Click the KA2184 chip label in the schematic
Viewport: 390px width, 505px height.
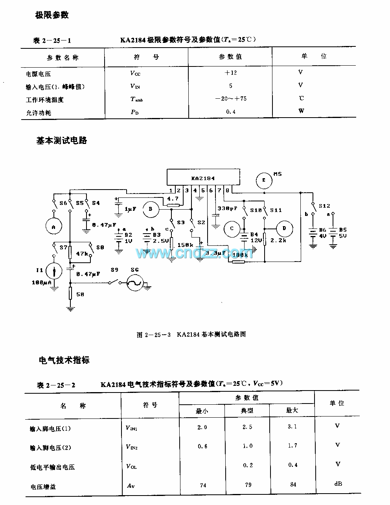point(203,178)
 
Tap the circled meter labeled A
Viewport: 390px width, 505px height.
point(54,226)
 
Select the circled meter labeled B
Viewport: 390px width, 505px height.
point(150,210)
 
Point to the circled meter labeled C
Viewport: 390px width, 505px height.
point(232,229)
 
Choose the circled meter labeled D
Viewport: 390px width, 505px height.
point(285,229)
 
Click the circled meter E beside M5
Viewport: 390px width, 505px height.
point(264,180)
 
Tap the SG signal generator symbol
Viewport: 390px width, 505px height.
point(134,282)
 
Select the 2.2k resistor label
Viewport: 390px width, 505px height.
point(278,240)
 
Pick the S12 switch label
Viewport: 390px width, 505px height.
point(324,206)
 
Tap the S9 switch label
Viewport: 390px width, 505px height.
point(114,270)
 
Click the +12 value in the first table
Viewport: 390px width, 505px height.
point(230,73)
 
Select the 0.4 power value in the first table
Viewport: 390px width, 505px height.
point(231,112)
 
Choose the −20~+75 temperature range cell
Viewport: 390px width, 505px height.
point(231,99)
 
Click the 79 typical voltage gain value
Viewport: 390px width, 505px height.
point(248,485)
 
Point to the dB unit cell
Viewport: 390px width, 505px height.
point(337,484)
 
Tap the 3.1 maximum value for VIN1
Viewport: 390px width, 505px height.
point(292,427)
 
